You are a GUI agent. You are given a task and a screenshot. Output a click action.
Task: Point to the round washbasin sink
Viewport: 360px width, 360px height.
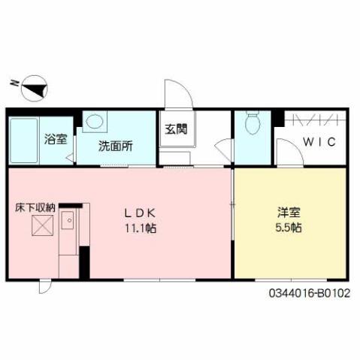point(95,122)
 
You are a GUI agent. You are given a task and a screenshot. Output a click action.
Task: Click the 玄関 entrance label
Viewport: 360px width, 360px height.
point(176,129)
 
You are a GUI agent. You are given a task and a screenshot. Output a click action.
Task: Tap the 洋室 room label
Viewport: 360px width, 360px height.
point(289,213)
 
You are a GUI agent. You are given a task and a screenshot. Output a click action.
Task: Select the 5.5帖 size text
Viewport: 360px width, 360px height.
point(289,227)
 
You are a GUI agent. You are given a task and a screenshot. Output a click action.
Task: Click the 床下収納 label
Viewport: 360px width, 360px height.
point(35,206)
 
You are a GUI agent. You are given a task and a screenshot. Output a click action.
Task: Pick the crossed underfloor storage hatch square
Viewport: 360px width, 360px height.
point(42,225)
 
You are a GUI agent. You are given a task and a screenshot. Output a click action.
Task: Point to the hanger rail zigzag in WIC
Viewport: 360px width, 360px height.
point(316,119)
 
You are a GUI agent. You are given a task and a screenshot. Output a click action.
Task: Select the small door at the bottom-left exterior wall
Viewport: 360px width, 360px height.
point(45,286)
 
